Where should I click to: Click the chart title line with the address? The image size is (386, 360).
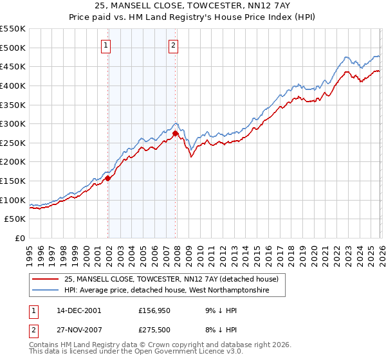[193, 6]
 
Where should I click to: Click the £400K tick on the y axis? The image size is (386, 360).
[13, 85]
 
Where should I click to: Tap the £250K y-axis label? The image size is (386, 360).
[13, 143]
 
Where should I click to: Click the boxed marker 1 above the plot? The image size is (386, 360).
[106, 45]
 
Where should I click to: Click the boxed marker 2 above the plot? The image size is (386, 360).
[174, 45]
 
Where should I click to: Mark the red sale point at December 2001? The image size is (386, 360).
[108, 179]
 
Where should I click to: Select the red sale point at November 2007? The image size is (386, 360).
[176, 133]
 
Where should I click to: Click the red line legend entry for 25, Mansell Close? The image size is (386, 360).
[170, 279]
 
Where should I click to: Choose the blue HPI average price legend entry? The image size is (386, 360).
[174, 291]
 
